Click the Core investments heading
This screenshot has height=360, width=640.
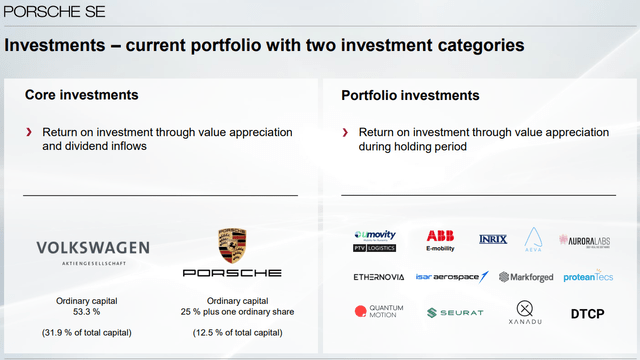pos(81,95)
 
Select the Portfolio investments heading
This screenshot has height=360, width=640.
pos(410,95)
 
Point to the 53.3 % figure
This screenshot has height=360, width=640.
pos(93,312)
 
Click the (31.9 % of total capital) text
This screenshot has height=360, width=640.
pos(93,332)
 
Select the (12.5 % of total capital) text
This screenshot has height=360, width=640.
pos(232,332)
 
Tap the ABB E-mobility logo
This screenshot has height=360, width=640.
pos(440,239)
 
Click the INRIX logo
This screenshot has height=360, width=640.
pos(494,238)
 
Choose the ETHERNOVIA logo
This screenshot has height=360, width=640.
pos(379,277)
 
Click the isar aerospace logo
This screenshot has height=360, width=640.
pos(452,277)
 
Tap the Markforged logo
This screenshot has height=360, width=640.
pos(525,277)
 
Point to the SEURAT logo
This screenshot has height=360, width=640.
pos(455,313)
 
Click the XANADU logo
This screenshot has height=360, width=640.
pos(526,313)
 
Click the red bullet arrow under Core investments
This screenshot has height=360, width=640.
pos(30,132)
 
